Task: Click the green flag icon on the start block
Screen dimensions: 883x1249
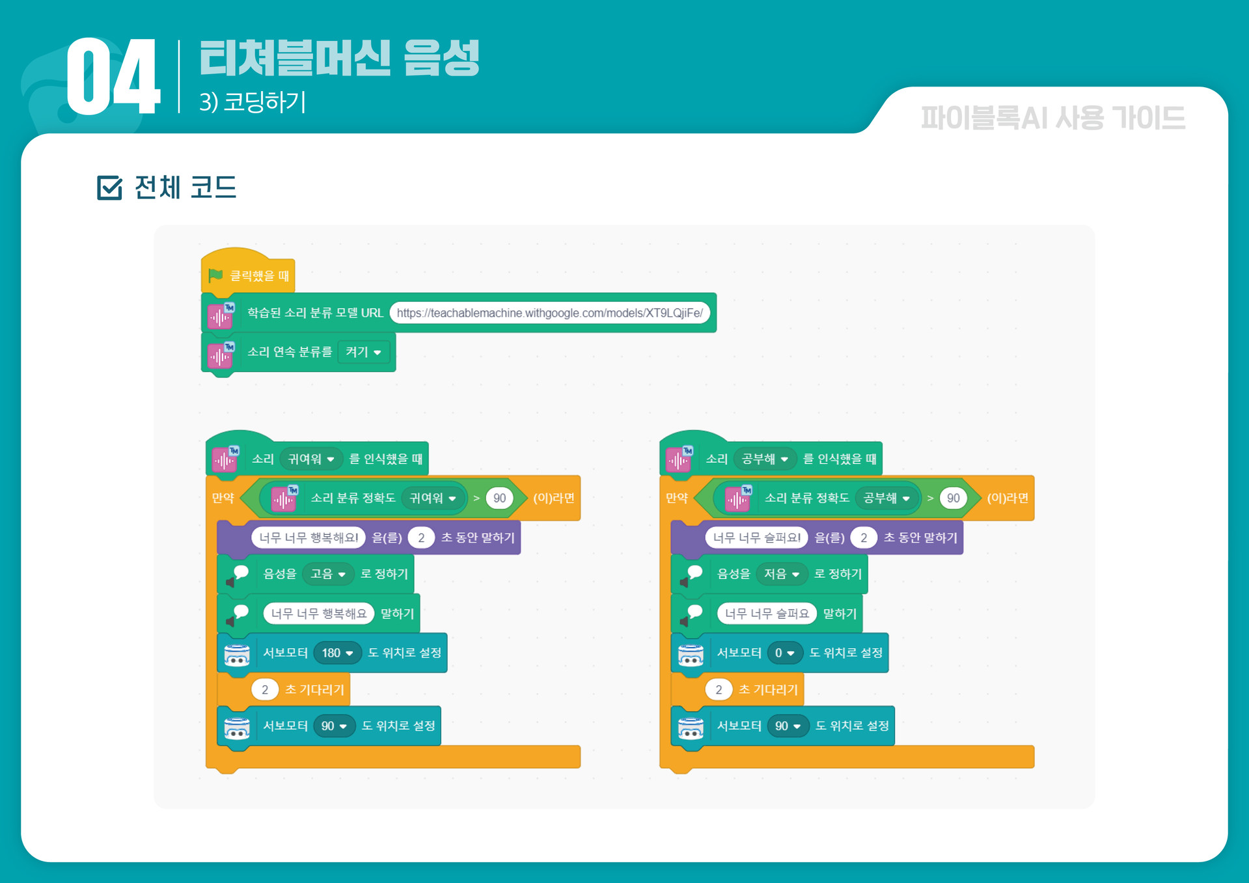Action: point(215,275)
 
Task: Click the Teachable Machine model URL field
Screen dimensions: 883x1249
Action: point(549,313)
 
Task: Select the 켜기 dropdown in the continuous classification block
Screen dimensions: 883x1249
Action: point(363,352)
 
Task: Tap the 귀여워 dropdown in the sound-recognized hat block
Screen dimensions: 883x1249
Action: point(311,459)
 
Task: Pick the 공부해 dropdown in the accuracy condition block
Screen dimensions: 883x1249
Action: point(886,498)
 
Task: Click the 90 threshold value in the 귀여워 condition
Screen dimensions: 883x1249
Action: point(499,498)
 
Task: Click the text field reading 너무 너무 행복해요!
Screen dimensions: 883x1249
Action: point(309,537)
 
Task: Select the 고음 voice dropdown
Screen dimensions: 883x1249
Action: point(327,574)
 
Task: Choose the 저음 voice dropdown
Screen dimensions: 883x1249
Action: point(781,574)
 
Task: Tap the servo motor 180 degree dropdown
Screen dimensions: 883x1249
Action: point(337,653)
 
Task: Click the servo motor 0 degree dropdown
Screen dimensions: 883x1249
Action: point(784,653)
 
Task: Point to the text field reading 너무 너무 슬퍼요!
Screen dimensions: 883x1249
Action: point(756,537)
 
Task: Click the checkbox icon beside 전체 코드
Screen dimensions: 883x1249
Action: point(109,187)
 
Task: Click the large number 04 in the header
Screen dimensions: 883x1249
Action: point(113,77)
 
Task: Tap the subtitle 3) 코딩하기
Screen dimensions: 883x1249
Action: point(253,102)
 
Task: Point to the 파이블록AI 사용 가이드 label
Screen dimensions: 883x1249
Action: point(1052,118)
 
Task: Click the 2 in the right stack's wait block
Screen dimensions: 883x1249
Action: point(719,690)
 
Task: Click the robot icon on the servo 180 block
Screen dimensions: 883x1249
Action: point(237,654)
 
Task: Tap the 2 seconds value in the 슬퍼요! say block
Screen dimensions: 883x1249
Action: point(864,537)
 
